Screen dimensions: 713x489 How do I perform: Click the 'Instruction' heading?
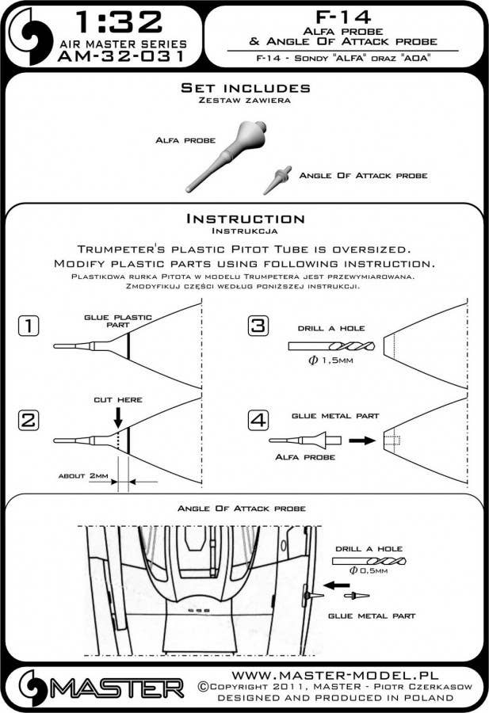click(244, 218)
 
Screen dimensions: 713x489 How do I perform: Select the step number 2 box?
click(29, 421)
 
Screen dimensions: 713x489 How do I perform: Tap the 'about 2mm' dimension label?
click(84, 476)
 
